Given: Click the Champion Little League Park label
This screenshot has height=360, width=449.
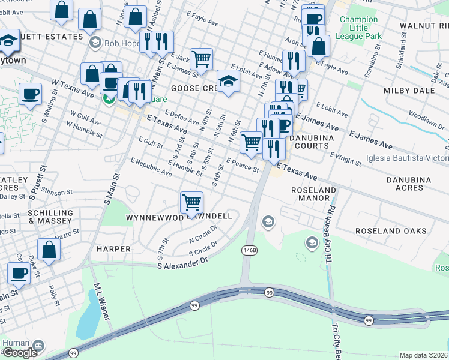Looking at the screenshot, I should pos(360,28).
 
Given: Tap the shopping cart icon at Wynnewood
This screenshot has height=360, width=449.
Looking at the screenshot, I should pos(191,202).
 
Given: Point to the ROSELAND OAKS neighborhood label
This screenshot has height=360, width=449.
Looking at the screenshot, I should pos(391,231).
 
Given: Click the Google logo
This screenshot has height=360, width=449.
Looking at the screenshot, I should pos(19,353).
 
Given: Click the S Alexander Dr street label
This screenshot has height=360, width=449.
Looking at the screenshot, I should pos(182,263).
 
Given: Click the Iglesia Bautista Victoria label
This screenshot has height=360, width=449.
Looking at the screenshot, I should pos(407,159).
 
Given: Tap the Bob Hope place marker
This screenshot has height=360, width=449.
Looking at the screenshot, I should pos(95,43).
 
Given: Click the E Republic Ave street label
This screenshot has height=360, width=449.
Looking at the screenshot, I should pos(151,167).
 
